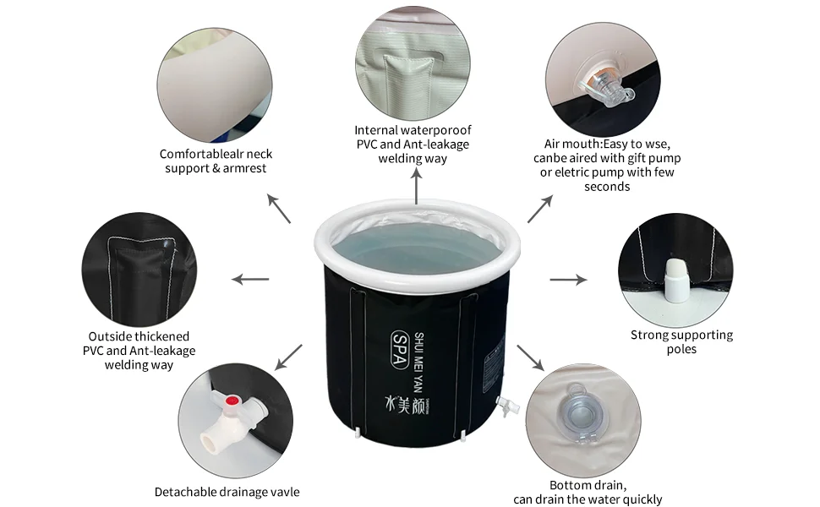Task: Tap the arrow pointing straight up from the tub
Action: click(x=416, y=185)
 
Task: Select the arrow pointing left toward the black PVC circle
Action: click(x=250, y=279)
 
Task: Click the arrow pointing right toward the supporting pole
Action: click(x=568, y=279)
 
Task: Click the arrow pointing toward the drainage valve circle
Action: click(x=290, y=356)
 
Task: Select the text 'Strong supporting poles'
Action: click(x=681, y=341)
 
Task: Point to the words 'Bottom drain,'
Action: click(x=588, y=485)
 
